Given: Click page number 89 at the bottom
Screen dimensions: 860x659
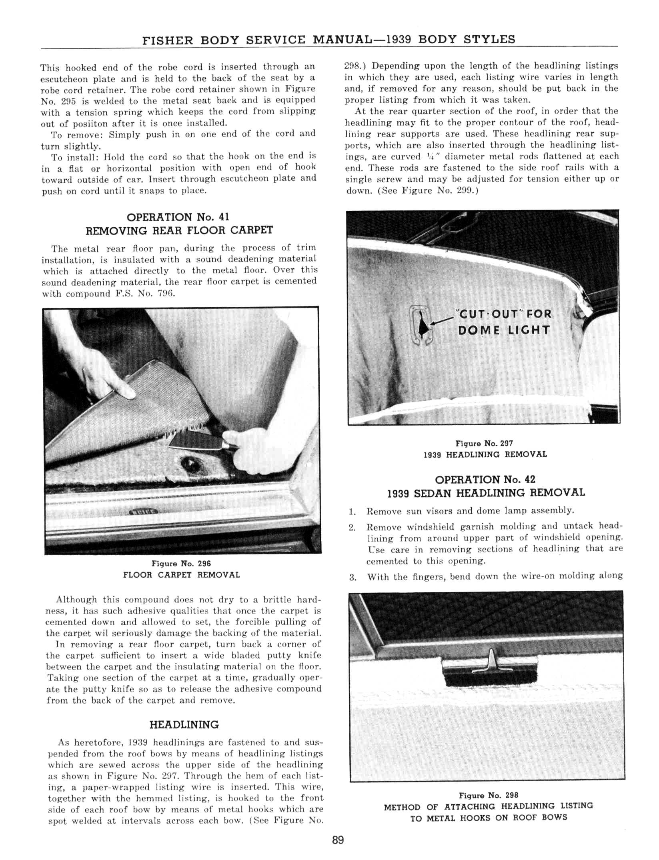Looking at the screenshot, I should (338, 840).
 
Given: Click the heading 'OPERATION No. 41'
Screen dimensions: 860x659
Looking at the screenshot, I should (178, 217).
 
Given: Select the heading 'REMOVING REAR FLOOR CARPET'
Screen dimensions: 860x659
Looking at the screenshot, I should (179, 230).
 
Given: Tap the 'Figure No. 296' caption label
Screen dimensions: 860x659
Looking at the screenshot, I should (181, 564).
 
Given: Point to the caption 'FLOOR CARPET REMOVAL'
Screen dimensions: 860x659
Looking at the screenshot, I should (181, 575).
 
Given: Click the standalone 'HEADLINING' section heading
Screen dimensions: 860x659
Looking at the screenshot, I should (184, 725).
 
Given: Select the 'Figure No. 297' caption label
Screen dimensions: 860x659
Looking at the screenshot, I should (484, 443).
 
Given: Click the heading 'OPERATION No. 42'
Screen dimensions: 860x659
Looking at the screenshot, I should (485, 479).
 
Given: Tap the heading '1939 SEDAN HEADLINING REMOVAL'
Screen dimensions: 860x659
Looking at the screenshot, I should (486, 493).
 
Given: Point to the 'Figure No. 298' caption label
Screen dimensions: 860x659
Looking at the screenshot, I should (488, 795).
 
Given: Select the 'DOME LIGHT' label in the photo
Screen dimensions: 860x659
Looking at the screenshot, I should (504, 330).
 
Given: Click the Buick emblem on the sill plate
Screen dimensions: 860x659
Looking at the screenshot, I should (144, 512).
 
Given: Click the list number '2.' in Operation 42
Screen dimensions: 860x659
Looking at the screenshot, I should (352, 528).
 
